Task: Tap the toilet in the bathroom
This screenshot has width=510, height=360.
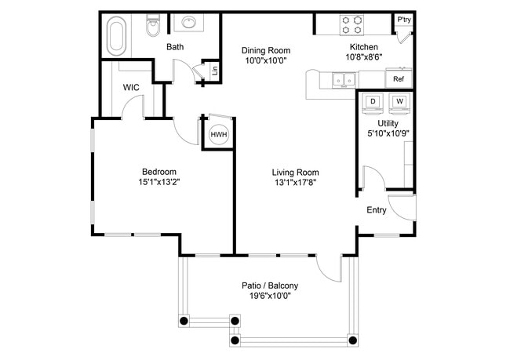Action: tap(154, 28)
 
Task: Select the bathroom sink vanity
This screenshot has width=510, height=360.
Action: tap(189, 24)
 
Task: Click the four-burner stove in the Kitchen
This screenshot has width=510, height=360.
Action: tap(351, 25)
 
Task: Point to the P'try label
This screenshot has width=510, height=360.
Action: tap(404, 20)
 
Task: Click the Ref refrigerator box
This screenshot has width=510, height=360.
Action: tap(399, 79)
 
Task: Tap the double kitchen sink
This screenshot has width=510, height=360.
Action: tap(341, 78)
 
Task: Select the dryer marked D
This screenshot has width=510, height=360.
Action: tap(373, 102)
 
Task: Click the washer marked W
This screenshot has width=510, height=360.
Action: tap(399, 102)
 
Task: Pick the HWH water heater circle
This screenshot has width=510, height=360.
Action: tap(218, 135)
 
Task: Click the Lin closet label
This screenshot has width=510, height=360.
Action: tap(215, 71)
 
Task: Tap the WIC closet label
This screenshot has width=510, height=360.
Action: tap(131, 87)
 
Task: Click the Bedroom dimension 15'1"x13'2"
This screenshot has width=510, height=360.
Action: tap(158, 183)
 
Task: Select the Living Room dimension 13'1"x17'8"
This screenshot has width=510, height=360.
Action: tap(295, 183)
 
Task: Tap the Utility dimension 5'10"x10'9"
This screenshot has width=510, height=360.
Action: tap(388, 134)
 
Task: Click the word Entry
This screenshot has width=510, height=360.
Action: tap(377, 209)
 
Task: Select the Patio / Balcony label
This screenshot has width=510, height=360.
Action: tap(269, 285)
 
